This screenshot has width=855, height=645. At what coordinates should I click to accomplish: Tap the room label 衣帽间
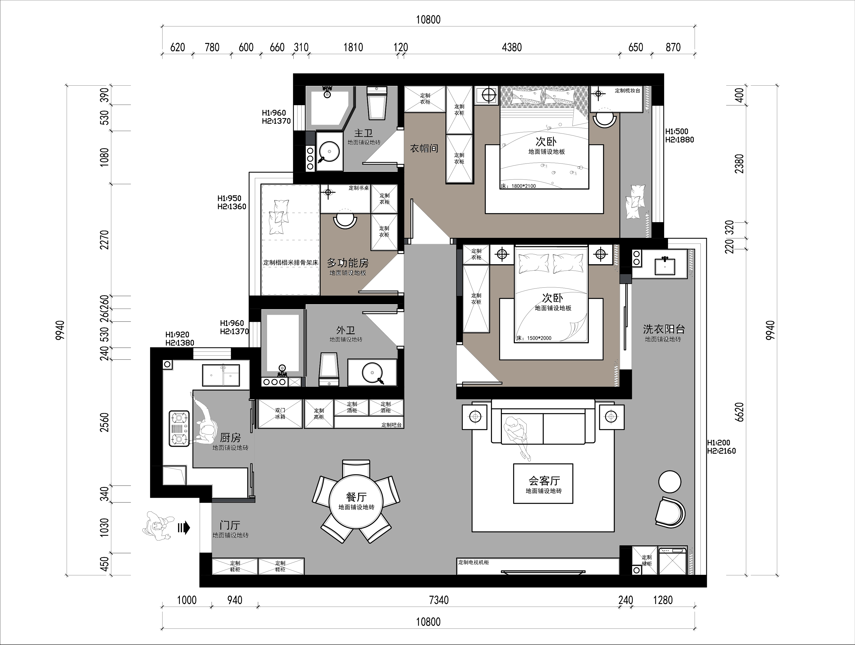(424, 148)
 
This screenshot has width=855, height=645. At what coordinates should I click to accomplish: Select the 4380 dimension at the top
(512, 48)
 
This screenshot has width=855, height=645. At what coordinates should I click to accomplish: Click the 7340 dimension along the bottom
(439, 600)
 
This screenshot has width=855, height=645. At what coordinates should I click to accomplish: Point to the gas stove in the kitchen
(179, 429)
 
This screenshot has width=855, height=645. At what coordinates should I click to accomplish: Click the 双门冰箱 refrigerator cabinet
(280, 414)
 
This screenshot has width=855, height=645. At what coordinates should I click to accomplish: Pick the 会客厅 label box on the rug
(543, 484)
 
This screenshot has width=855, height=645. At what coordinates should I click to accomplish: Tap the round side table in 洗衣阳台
(669, 482)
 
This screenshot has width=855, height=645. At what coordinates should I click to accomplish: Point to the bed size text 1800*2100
(524, 186)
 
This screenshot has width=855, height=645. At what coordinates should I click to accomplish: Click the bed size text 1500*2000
(539, 338)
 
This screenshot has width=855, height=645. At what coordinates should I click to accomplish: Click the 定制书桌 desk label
(359, 188)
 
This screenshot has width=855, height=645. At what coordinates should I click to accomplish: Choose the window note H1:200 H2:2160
(721, 447)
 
